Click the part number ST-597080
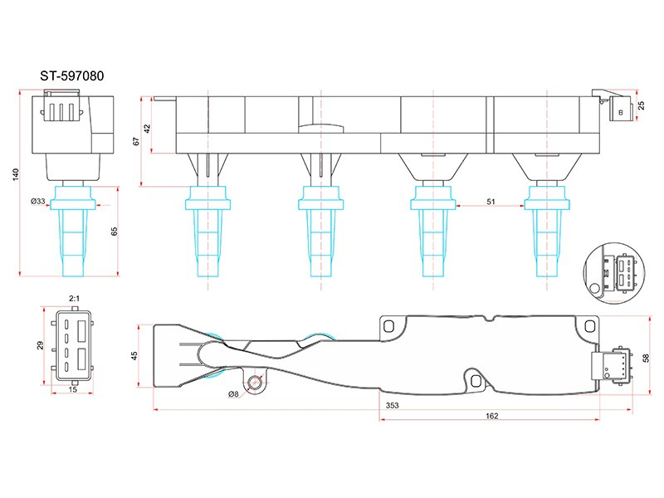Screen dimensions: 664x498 tap(72, 76)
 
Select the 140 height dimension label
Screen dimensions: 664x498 tap(16, 174)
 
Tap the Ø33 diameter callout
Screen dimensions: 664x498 tap(38, 201)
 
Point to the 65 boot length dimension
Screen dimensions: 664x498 tap(114, 232)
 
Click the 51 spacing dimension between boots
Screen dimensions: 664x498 tap(491, 202)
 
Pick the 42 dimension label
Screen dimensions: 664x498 tap(147, 129)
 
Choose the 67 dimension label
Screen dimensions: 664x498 tap(136, 141)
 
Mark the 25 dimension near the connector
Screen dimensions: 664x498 tap(641, 105)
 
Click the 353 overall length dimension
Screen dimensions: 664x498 tap(392, 405)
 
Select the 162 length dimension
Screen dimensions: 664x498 tap(491, 416)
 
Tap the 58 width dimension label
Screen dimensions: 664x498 tap(646, 358)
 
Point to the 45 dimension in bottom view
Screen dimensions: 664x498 tap(134, 356)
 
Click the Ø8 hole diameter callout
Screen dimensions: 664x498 tap(233, 394)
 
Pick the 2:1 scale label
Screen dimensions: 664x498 tap(74, 299)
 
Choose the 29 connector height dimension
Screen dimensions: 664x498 tap(40, 345)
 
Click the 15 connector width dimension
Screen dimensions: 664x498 tap(73, 389)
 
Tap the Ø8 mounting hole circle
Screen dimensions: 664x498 tap(255, 383)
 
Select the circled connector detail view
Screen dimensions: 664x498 tap(614, 273)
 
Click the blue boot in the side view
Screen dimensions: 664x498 tap(72, 232)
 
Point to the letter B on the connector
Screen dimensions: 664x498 tap(621, 112)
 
